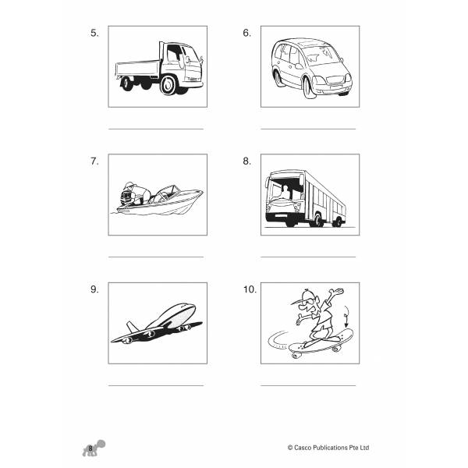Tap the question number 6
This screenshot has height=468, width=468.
pyautogui.click(x=246, y=33)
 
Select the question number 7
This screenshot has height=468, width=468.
pyautogui.click(x=94, y=161)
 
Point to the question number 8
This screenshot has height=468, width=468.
pyautogui.click(x=246, y=161)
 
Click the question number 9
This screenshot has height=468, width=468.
pyautogui.click(x=94, y=289)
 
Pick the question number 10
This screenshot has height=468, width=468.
pyautogui.click(x=249, y=289)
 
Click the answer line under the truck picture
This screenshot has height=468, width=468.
pyautogui.click(x=155, y=129)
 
